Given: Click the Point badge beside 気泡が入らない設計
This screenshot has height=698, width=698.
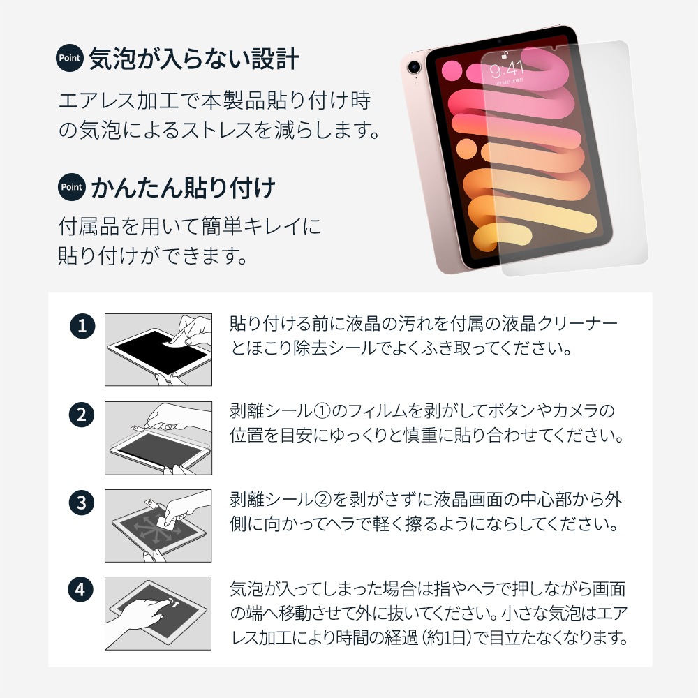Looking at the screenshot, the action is [69, 58].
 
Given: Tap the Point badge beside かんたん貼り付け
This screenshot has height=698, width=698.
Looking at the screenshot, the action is [72, 187].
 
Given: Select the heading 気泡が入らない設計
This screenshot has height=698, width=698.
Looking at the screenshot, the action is [193, 59].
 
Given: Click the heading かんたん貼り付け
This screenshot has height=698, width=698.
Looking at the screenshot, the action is [183, 188].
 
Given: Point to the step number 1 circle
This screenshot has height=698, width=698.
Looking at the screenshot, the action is [82, 326].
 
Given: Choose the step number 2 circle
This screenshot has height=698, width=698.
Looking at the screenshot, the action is [82, 415].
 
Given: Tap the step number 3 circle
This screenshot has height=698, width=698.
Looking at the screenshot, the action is [82, 503].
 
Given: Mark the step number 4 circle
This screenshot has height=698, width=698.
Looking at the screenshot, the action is [80, 590].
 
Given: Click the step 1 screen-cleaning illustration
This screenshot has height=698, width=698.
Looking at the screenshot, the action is [158, 350].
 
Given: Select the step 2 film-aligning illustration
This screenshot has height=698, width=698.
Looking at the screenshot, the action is [158, 438].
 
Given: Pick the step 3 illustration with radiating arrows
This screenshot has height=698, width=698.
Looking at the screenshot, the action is [158, 526].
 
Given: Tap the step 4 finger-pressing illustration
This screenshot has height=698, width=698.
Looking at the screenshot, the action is [158, 614].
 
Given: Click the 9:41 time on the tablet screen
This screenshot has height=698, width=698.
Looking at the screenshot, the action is [507, 69].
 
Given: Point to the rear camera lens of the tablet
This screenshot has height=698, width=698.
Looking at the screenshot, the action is [414, 67].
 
